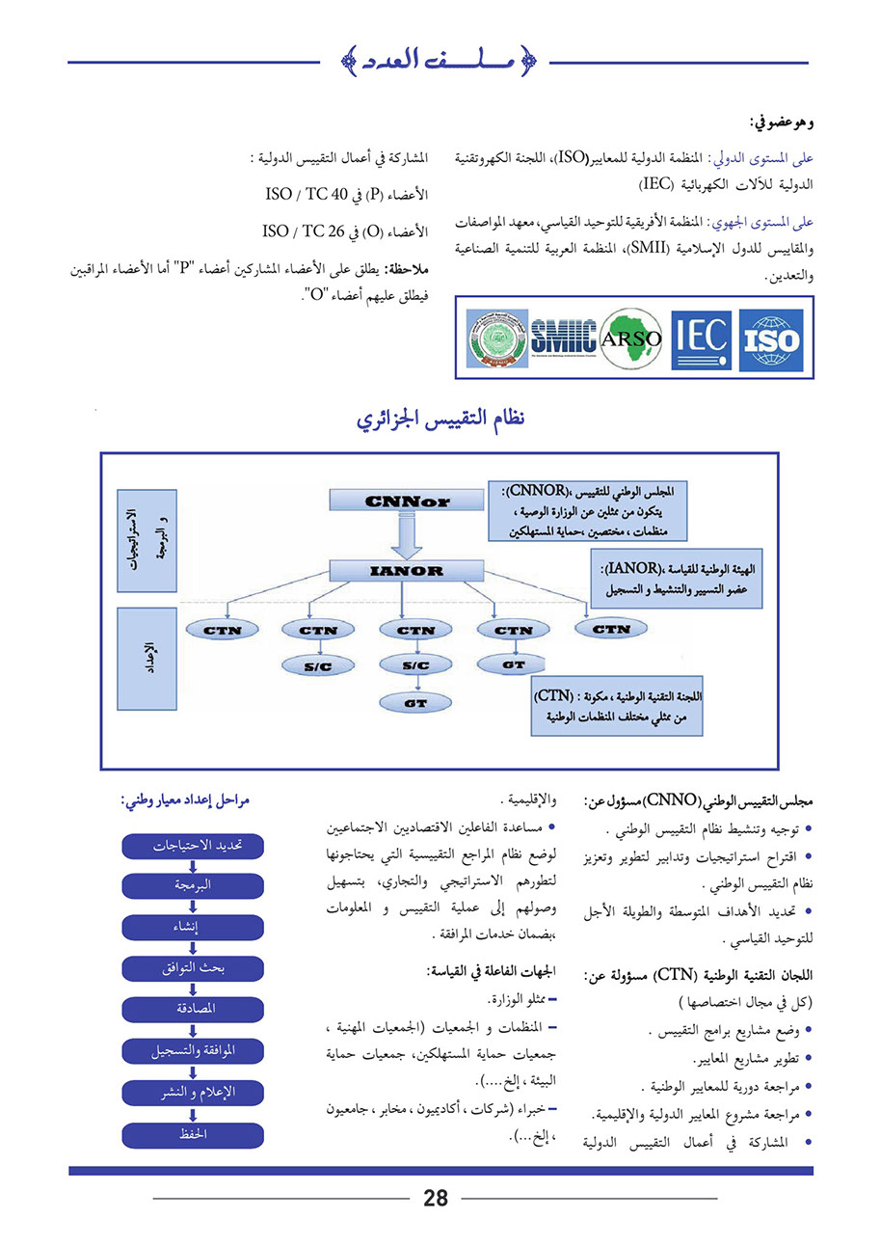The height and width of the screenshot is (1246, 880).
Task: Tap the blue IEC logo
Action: tap(701, 339)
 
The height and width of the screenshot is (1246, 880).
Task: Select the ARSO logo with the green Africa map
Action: tap(630, 339)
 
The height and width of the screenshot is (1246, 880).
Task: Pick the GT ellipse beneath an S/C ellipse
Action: tap(415, 704)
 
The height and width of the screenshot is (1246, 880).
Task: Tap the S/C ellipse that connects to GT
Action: tap(415, 665)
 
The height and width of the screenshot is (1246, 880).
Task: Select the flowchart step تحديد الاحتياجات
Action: tap(193, 846)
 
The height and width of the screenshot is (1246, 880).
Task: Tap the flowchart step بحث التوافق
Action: tap(193, 968)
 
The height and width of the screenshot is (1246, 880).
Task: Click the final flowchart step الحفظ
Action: tap(193, 1134)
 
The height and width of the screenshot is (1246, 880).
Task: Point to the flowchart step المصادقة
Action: tap(193, 1010)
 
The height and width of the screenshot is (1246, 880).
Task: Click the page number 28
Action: tap(436, 1199)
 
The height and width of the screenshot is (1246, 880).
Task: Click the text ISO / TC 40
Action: tap(306, 196)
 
